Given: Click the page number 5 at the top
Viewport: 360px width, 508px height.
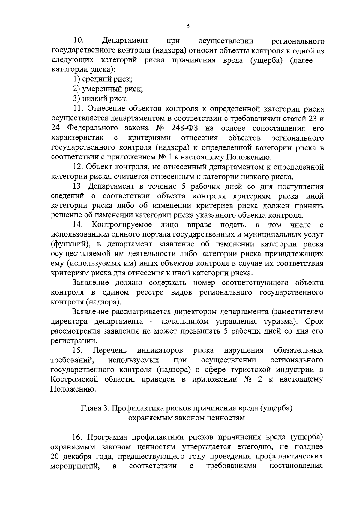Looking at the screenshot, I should click(188, 26).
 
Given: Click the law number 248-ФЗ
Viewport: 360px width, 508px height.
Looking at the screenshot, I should click(184, 128).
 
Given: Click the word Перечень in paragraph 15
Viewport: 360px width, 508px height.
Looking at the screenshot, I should click(110, 350).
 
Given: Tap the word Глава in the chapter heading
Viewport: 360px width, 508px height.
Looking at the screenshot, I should click(90, 409).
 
